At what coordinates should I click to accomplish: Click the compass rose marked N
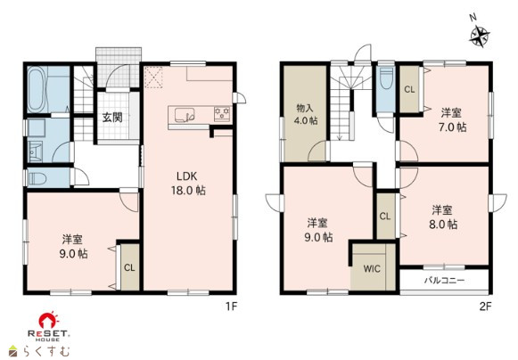pyautogui.click(x=480, y=35)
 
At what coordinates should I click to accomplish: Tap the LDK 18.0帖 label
pyautogui.click(x=188, y=184)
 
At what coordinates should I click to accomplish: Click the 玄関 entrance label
pyautogui.click(x=112, y=118)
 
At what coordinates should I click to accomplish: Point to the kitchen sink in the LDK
pyautogui.click(x=185, y=115)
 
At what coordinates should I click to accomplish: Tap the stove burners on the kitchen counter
pyautogui.click(x=222, y=114)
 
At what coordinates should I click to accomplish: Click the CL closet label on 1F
pyautogui.click(x=129, y=267)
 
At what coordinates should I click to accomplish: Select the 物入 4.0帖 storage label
pyautogui.click(x=306, y=114)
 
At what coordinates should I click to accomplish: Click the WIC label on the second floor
pyautogui.click(x=372, y=268)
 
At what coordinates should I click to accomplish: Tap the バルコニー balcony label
pyautogui.click(x=444, y=281)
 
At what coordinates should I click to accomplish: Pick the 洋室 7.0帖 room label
pyautogui.click(x=452, y=120)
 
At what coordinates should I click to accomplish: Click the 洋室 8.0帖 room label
pyautogui.click(x=443, y=217)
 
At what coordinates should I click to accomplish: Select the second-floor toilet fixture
pyautogui.click(x=386, y=78)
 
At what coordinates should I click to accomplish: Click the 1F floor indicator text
pyautogui.click(x=232, y=307)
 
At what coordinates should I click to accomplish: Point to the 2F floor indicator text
pyautogui.click(x=485, y=307)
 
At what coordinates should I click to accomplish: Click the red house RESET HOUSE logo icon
pyautogui.click(x=48, y=320)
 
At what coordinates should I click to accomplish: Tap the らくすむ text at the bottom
pyautogui.click(x=46, y=351)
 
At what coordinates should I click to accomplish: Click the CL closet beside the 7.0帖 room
pyautogui.click(x=409, y=89)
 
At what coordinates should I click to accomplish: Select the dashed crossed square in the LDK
pyautogui.click(x=154, y=78)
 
